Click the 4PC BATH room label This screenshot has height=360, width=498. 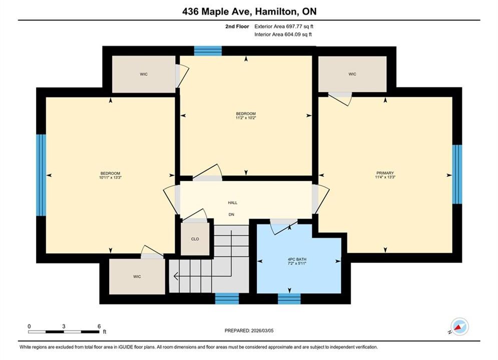click(x=297, y=259)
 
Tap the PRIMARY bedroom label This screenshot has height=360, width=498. click(x=385, y=173)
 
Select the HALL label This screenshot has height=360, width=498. click(x=233, y=202)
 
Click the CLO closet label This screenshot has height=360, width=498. click(x=195, y=239)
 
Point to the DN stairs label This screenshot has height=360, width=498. click(x=232, y=214)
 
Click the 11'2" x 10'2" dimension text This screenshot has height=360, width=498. click(x=246, y=117)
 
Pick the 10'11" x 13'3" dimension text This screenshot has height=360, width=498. click(x=110, y=177)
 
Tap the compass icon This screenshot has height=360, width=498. click(x=459, y=326)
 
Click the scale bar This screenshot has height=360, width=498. click(x=64, y=332)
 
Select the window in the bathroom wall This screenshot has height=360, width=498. click(x=289, y=299)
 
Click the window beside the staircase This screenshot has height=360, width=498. click(x=227, y=299)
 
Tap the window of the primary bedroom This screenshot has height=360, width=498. click(x=457, y=174)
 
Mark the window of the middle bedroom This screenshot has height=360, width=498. click(x=208, y=50)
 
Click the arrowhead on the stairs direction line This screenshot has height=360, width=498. click(x=175, y=276)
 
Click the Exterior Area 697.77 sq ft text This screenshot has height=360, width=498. click(x=284, y=26)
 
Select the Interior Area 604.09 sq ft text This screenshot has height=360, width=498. click(x=283, y=34)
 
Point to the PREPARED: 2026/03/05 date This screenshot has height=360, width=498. click(x=249, y=330)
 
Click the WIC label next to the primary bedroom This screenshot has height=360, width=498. click(x=352, y=74)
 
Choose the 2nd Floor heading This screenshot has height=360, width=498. click(x=237, y=26)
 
